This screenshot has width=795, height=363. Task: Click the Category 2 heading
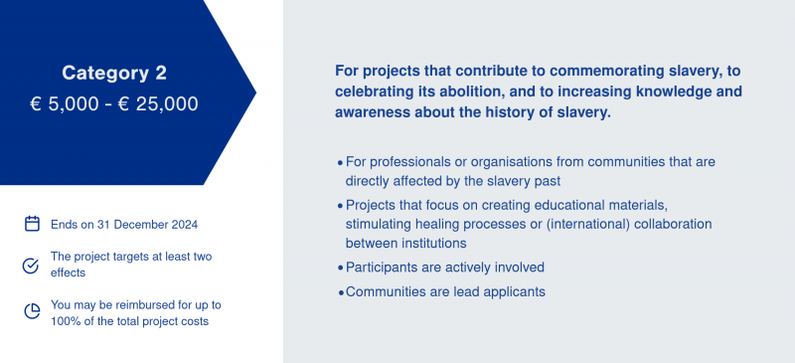click(x=114, y=74)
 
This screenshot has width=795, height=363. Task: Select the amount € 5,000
click(x=65, y=104)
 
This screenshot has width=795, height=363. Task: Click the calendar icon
click(x=32, y=224)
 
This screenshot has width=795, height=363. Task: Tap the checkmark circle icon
click(x=31, y=266)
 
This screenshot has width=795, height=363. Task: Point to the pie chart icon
click(x=32, y=311)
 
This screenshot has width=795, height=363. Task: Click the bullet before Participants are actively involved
click(x=340, y=269)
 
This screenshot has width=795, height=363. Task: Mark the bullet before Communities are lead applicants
click(x=340, y=293)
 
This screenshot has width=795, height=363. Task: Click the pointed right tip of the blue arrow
click(x=256, y=92)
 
